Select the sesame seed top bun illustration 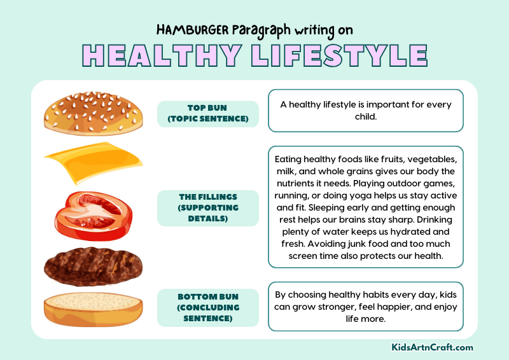click(x=93, y=113)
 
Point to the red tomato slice click(x=93, y=214)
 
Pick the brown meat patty click(x=93, y=266)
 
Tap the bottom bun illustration click(x=93, y=308)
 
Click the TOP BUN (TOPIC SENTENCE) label click(x=208, y=113)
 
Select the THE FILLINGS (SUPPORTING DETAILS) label click(x=208, y=208)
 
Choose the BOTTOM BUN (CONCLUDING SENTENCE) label click(x=208, y=307)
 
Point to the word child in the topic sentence click(x=365, y=117)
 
